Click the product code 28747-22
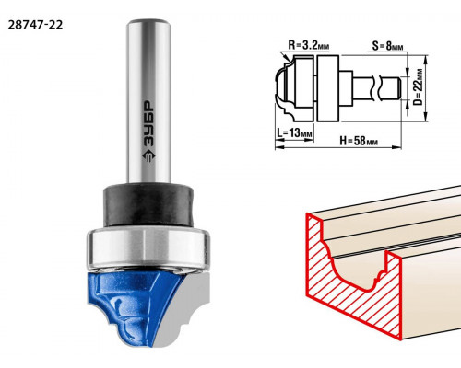point(35,25)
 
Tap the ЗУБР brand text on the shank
point(149,122)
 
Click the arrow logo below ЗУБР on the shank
point(149,155)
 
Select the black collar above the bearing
point(148,204)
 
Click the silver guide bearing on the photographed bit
point(148,249)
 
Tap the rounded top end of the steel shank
point(149,23)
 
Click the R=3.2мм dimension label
point(309,46)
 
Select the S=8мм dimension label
point(387,46)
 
